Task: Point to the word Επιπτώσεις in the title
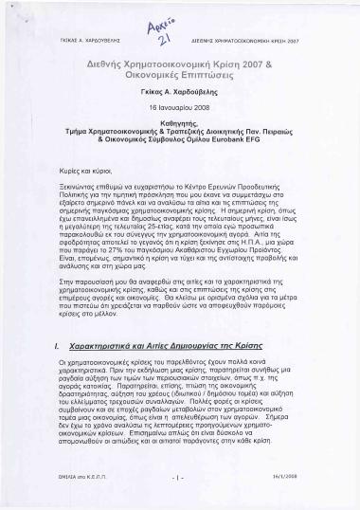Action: [x=219, y=72]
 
